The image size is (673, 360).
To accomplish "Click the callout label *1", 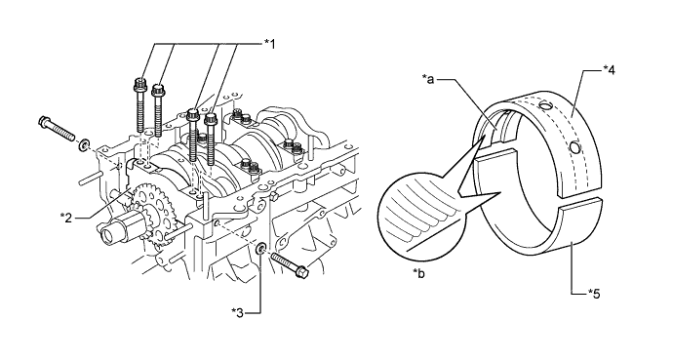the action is pyautogui.click(x=269, y=43).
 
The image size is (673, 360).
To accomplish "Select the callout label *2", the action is pyautogui.click(x=66, y=218).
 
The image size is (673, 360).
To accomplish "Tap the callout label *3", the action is pyautogui.click(x=237, y=313).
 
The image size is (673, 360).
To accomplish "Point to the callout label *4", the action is pyautogui.click(x=609, y=69).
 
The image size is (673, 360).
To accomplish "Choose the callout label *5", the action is pyautogui.click(x=594, y=294).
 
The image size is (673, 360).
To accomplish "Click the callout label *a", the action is pyautogui.click(x=428, y=78).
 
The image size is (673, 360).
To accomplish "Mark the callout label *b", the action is pyautogui.click(x=418, y=273).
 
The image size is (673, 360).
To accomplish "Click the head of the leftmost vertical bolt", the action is pyautogui.click(x=139, y=85).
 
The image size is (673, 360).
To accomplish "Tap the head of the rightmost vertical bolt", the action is pyautogui.click(x=210, y=118).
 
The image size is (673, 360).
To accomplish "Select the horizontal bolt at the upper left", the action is pyautogui.click(x=58, y=128).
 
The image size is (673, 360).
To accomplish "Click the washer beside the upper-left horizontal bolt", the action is pyautogui.click(x=84, y=144).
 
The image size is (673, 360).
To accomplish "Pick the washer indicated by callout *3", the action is pyautogui.click(x=260, y=249).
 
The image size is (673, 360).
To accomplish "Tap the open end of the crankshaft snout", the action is pyautogui.click(x=107, y=235).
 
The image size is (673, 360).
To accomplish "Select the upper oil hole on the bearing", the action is pyautogui.click(x=544, y=105).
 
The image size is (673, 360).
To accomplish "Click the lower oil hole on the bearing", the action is pyautogui.click(x=575, y=148).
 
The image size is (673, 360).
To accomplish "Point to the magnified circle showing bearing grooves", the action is pyautogui.click(x=421, y=218).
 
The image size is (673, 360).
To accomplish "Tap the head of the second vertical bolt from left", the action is pyautogui.click(x=159, y=92).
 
